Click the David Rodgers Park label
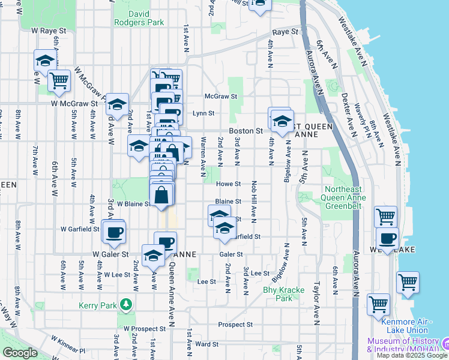click(138, 17)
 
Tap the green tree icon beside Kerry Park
click(125, 305)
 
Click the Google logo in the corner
click(20, 353)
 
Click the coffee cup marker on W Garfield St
click(113, 232)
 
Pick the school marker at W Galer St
click(154, 256)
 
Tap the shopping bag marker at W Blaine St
click(161, 196)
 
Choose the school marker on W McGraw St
click(118, 104)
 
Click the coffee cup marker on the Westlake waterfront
click(388, 239)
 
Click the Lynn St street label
click(203, 113)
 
